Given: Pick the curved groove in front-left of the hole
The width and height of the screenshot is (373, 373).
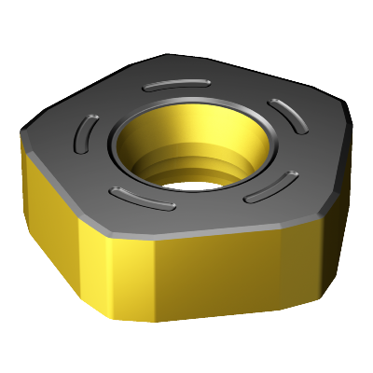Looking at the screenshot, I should click(140, 197).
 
